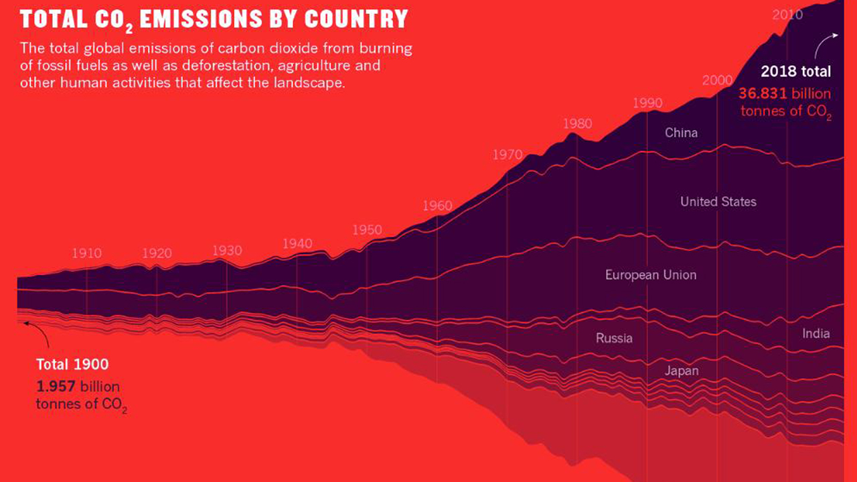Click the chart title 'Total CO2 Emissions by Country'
pos(214,18)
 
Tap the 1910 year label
pos(87,253)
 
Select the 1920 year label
pos(157,253)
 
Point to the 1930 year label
pos(227,251)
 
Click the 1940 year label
pos(297,243)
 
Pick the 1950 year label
pos(367,230)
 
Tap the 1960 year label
pos(437,206)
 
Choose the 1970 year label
pos(508,155)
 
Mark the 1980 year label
pos(577,123)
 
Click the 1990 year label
pos(647,103)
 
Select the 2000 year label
pos(717,80)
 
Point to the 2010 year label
pos(787,15)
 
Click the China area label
pos(681,133)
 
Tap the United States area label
pos(718,202)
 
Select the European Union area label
pos(651,275)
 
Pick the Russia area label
pos(614,338)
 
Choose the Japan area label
pos(682,371)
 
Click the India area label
pos(816,333)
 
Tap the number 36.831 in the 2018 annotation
pos(763,94)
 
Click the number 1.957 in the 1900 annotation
pos(56,387)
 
